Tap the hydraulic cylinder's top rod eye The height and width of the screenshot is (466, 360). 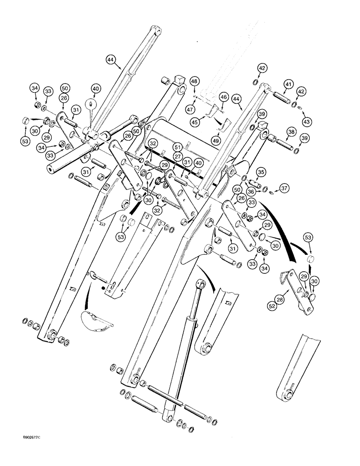pos(201,284)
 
